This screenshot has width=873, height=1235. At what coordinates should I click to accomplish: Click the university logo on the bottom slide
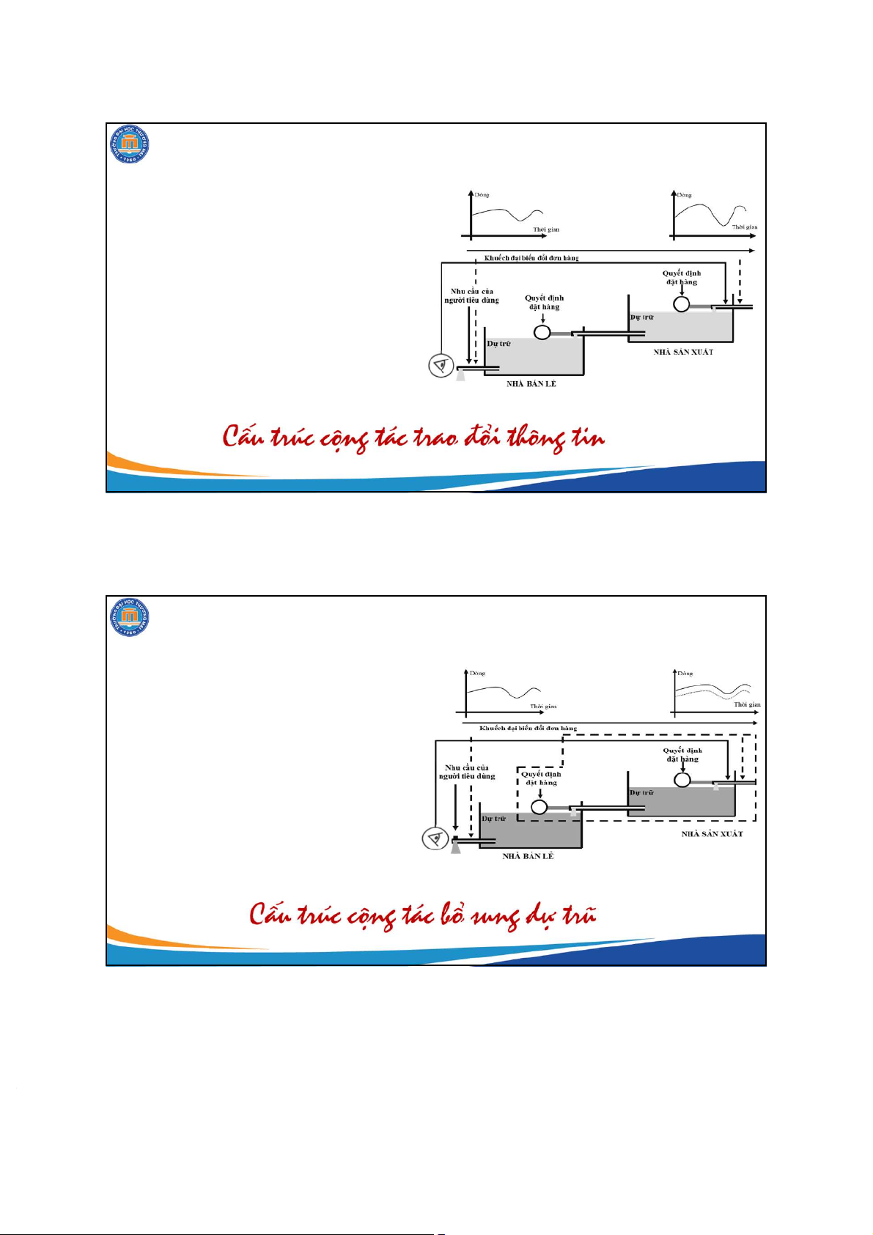pos(130,618)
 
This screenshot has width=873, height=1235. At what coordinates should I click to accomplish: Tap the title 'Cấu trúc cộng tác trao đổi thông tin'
pos(414,438)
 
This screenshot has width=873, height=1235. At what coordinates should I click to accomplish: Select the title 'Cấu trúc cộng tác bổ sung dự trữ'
pos(422,915)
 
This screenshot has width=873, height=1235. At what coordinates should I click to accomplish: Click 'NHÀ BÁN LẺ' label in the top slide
pos(531,384)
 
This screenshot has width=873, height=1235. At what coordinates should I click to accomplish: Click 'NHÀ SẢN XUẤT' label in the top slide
pos(683,353)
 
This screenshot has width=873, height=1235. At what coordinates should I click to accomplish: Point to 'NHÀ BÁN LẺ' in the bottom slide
pos(528,856)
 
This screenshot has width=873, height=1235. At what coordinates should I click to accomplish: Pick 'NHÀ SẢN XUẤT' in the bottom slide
pos(712,834)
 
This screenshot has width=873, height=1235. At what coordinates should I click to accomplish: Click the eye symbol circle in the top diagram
pos(441,365)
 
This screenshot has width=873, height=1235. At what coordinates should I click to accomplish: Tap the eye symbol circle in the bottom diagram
pos(435,838)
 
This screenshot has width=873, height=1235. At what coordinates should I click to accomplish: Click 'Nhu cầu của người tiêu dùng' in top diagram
pos(471,296)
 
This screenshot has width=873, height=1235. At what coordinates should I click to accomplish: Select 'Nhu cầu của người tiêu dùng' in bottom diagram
pos(467,773)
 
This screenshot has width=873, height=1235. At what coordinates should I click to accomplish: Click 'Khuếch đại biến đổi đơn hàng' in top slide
pos(531,258)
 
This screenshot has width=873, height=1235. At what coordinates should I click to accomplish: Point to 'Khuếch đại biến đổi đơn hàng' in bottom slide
pos(528,729)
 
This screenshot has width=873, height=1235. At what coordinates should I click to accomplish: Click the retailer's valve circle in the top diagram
pos(542,333)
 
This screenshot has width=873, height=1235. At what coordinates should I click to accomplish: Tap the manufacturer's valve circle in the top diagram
pos(682,304)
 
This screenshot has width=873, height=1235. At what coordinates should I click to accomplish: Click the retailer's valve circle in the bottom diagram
pos(539,807)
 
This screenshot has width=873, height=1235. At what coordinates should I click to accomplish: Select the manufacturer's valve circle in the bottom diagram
pos(682,780)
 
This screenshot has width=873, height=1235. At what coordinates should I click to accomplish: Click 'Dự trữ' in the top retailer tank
pos(499,344)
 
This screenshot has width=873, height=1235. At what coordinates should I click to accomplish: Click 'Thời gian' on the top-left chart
pos(546,229)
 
